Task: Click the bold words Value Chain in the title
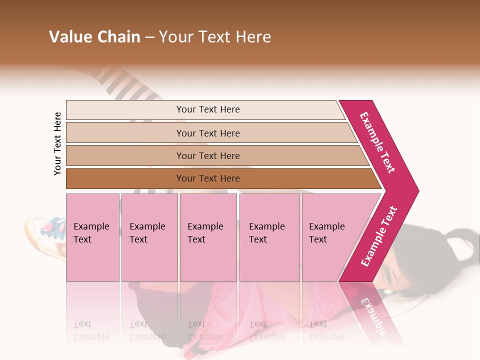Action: pyautogui.click(x=94, y=37)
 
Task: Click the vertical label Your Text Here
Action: pyautogui.click(x=57, y=143)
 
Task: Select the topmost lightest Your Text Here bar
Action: pyautogui.click(x=207, y=109)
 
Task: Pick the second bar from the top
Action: pyautogui.click(x=207, y=133)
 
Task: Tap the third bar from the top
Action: pyautogui.click(x=207, y=155)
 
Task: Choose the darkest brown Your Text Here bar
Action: pyautogui.click(x=207, y=178)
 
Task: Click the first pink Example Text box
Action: pyautogui.click(x=92, y=237)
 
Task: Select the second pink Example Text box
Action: pyautogui.click(x=149, y=237)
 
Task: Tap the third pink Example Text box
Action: pyautogui.click(x=208, y=237)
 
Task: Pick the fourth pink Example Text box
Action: pyautogui.click(x=269, y=237)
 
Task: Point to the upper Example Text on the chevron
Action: pyautogui.click(x=377, y=142)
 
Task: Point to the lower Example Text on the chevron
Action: pyautogui.click(x=379, y=236)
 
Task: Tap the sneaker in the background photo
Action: pyautogui.click(x=45, y=232)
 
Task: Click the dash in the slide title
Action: pyautogui.click(x=149, y=37)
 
